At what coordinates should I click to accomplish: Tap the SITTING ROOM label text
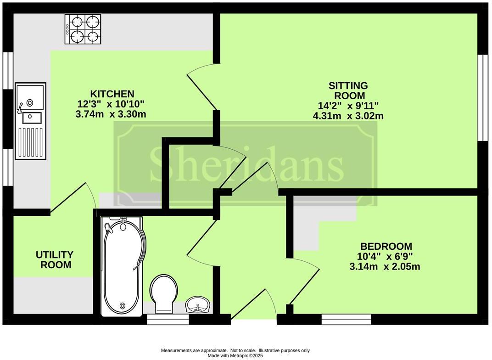[x=348, y=90]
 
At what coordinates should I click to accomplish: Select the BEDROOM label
[x=386, y=246]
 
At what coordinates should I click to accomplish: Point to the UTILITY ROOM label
[x=55, y=260]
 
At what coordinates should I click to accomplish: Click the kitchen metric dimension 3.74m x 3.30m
[x=111, y=114]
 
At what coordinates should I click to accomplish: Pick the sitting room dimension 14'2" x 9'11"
[x=348, y=106]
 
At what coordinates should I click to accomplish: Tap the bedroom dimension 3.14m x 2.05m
[x=386, y=266]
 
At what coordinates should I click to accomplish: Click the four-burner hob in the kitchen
[x=83, y=29]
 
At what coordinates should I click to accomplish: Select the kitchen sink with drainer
[x=31, y=121]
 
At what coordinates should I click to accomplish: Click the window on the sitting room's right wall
[x=482, y=97]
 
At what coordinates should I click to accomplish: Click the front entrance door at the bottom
[x=254, y=308]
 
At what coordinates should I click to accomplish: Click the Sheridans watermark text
[x=246, y=164]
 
